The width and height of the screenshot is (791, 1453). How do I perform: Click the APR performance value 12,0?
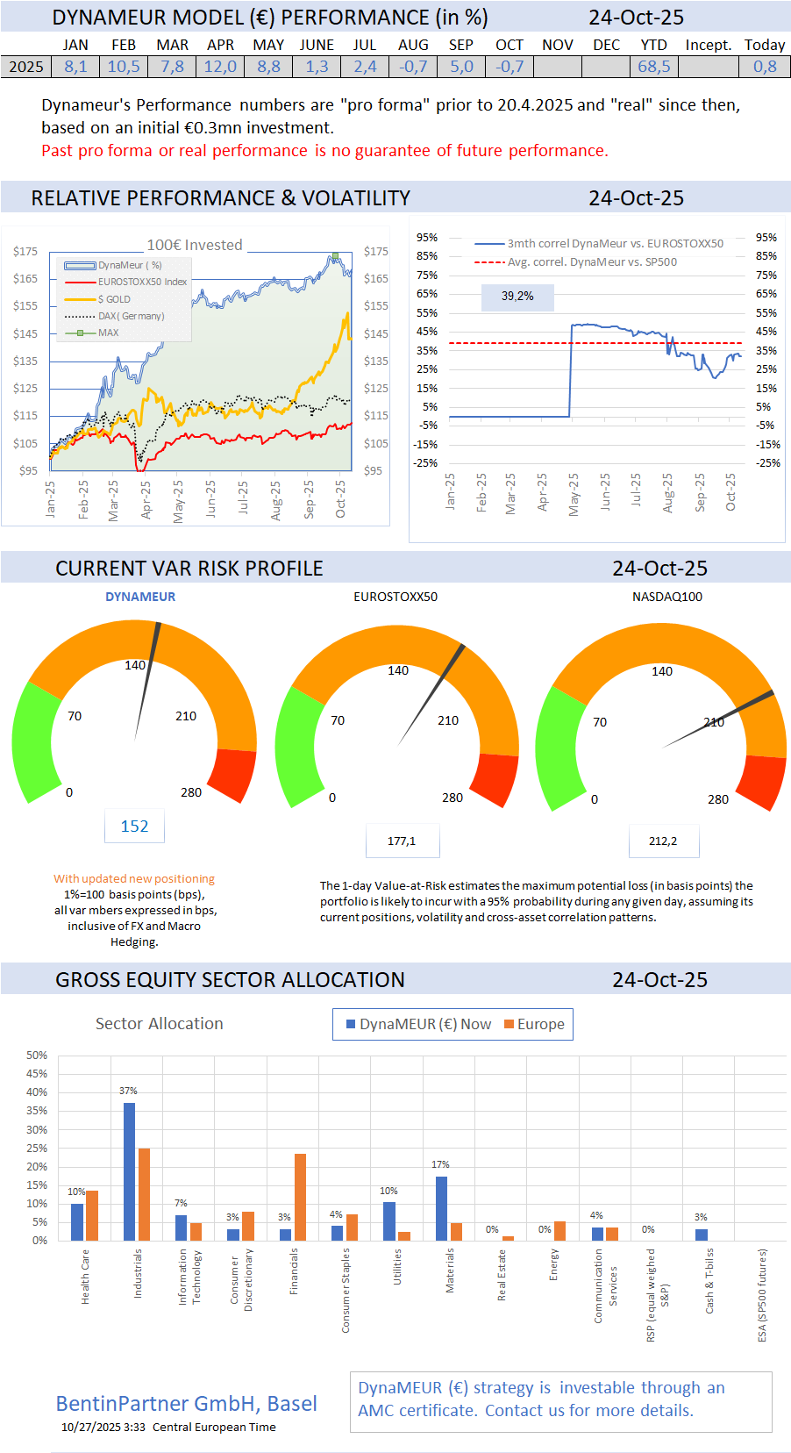[220, 67]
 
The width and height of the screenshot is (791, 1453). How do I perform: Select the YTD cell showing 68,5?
[653, 67]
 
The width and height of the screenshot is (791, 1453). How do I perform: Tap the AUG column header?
[413, 45]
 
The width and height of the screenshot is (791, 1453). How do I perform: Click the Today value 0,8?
[765, 67]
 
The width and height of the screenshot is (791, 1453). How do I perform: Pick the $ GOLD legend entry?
[114, 299]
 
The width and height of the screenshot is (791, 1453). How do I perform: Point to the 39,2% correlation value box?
[517, 297]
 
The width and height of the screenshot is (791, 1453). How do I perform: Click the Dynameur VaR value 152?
[134, 827]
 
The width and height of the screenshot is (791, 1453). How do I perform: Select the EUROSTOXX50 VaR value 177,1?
[402, 841]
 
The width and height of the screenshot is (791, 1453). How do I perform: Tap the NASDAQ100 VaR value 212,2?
[663, 841]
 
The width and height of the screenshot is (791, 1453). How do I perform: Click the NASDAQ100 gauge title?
[666, 597]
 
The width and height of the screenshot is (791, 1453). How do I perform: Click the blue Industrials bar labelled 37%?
[129, 1170]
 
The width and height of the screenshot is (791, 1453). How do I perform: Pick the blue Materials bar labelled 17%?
[441, 1207]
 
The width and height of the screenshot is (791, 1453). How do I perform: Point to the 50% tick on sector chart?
[37, 1056]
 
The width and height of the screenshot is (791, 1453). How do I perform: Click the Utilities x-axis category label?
[397, 1267]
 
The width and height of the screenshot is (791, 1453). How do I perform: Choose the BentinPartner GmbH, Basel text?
[187, 1404]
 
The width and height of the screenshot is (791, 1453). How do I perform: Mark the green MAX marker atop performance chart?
[334, 256]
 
